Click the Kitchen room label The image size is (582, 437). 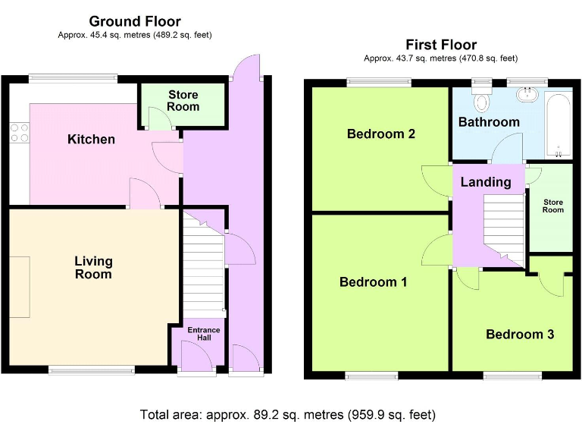91,140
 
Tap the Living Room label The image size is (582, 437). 93,268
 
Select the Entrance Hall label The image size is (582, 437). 204,334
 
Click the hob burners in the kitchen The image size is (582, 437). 19,133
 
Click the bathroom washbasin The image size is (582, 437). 527,94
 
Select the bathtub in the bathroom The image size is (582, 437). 559,126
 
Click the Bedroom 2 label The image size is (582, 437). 381,134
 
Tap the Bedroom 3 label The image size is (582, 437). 520,334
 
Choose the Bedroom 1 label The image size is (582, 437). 374,282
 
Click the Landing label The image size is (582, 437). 486,182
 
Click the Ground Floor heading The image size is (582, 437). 135,21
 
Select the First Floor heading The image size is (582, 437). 441,45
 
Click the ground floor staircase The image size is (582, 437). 203,265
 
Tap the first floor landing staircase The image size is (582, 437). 504,231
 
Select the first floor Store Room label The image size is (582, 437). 553,206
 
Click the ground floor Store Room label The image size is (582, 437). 183,101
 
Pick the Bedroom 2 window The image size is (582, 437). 379,83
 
